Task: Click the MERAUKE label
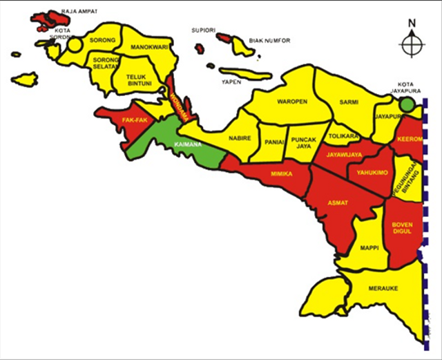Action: coord(383,289)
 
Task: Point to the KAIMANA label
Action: coord(188,144)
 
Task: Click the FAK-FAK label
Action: coord(135,120)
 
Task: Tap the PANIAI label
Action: coord(273,143)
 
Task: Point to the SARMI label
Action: coord(349,102)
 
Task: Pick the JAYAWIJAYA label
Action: coord(345,154)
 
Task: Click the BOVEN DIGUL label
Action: coord(402,228)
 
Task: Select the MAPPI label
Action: coord(367,247)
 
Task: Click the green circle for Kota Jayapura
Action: coord(409,104)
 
